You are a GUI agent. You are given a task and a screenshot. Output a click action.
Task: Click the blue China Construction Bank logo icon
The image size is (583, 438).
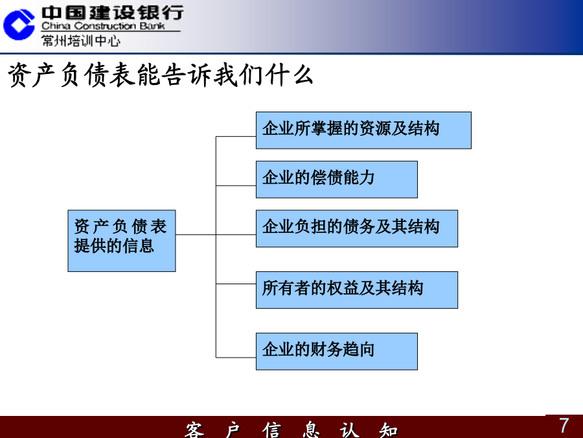coord(19,25)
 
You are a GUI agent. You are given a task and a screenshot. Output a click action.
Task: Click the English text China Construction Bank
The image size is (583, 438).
coord(103,26)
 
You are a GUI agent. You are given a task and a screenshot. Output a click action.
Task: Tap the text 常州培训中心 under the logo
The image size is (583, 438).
coord(81,41)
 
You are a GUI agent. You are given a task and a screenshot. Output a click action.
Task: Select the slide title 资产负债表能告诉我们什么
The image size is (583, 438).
coord(160,75)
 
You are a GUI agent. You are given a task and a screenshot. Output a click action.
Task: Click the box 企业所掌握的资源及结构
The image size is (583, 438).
coord(363,130)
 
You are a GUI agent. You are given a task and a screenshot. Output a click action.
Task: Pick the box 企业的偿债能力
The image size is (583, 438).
coord(336,180)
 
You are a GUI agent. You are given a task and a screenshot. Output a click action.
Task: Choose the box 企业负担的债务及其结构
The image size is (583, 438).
coord(356,228)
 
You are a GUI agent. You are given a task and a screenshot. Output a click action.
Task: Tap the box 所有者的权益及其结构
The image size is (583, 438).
coord(356,290)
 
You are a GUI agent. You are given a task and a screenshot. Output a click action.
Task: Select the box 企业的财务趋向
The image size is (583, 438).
coord(336,351)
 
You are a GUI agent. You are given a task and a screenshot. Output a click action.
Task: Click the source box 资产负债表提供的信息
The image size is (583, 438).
coord(122,241)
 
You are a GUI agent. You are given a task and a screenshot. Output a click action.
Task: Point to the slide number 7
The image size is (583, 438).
coord(564,425)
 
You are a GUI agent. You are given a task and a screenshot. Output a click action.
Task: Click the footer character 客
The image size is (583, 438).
coord(194,430)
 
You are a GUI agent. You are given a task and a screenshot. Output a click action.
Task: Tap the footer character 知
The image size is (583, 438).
coord(389,430)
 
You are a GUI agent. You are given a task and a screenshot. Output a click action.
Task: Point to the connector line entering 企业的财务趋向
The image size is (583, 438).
coord(236,358)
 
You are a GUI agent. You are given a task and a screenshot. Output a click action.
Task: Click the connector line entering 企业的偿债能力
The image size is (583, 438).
coord(236,185)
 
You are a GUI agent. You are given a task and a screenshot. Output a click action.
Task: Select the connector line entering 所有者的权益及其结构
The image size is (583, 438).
coord(236,284)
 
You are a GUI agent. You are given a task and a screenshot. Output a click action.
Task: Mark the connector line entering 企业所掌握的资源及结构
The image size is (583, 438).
coord(236,136)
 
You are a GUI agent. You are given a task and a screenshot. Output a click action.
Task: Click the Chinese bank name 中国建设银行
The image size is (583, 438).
coord(112,13)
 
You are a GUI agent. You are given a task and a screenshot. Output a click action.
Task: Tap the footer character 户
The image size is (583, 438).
coord(233,430)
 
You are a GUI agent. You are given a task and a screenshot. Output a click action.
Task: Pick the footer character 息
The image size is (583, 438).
coord(311,430)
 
